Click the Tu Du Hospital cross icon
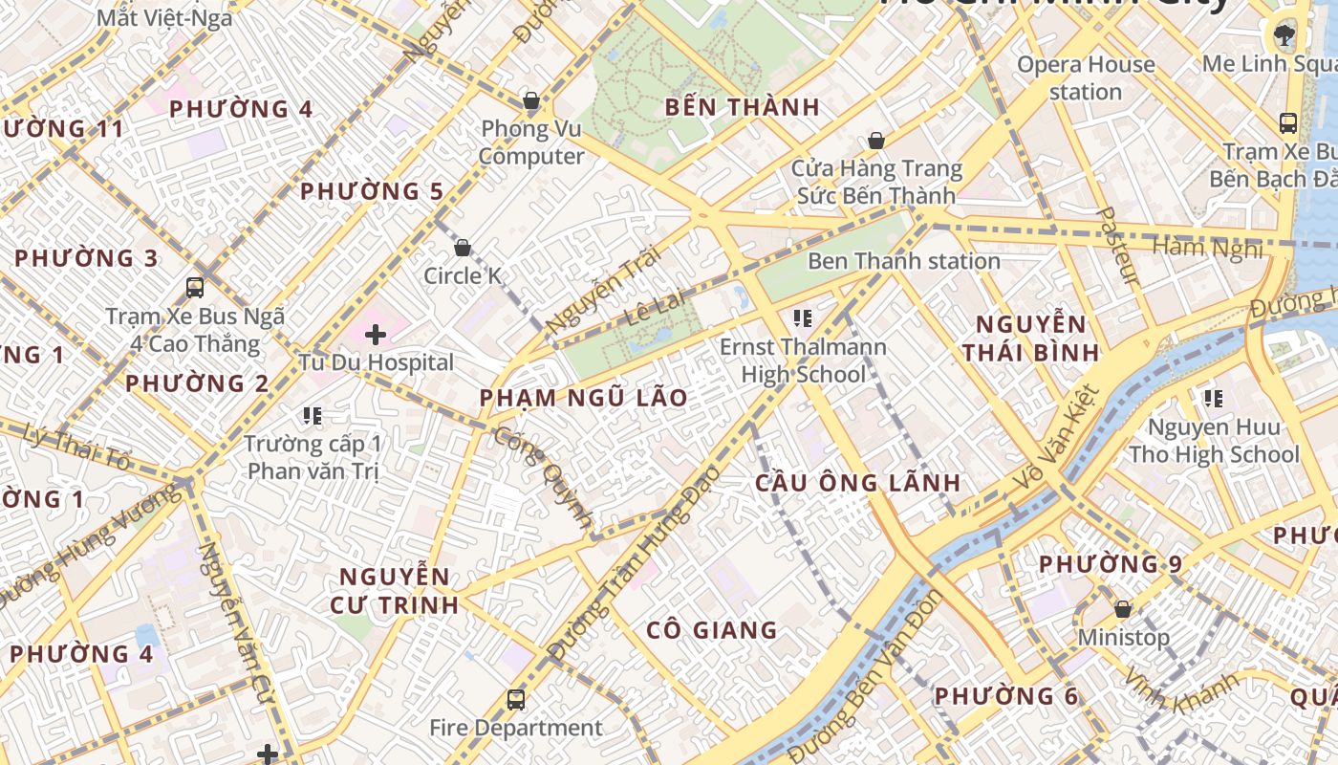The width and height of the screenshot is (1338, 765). pos(376,335)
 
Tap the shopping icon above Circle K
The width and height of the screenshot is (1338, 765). pos(463,248)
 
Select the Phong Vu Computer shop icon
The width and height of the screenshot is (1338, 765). pos(531,100)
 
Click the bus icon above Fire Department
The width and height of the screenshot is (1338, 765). pos(516,700)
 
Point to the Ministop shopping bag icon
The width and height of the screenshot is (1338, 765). pos(1123,609)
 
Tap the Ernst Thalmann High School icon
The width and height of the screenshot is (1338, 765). pos(803,317)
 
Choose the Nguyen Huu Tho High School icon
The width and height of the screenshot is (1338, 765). pos(1214,398)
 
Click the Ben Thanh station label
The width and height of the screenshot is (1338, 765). pos(903,261)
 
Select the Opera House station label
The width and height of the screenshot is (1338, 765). pos(1086,78)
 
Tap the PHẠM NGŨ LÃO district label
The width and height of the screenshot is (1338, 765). pos(583,398)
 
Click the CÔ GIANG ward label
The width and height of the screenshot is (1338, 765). pos(712,630)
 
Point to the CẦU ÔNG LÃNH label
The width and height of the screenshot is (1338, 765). pos(857,483)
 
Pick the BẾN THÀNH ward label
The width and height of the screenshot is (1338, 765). pos(743,107)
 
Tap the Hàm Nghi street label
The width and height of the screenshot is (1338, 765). pos(1206,248)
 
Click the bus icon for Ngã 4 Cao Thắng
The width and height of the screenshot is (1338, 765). pos(195,287)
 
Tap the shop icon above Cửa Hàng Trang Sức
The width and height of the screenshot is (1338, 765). pos(875,142)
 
